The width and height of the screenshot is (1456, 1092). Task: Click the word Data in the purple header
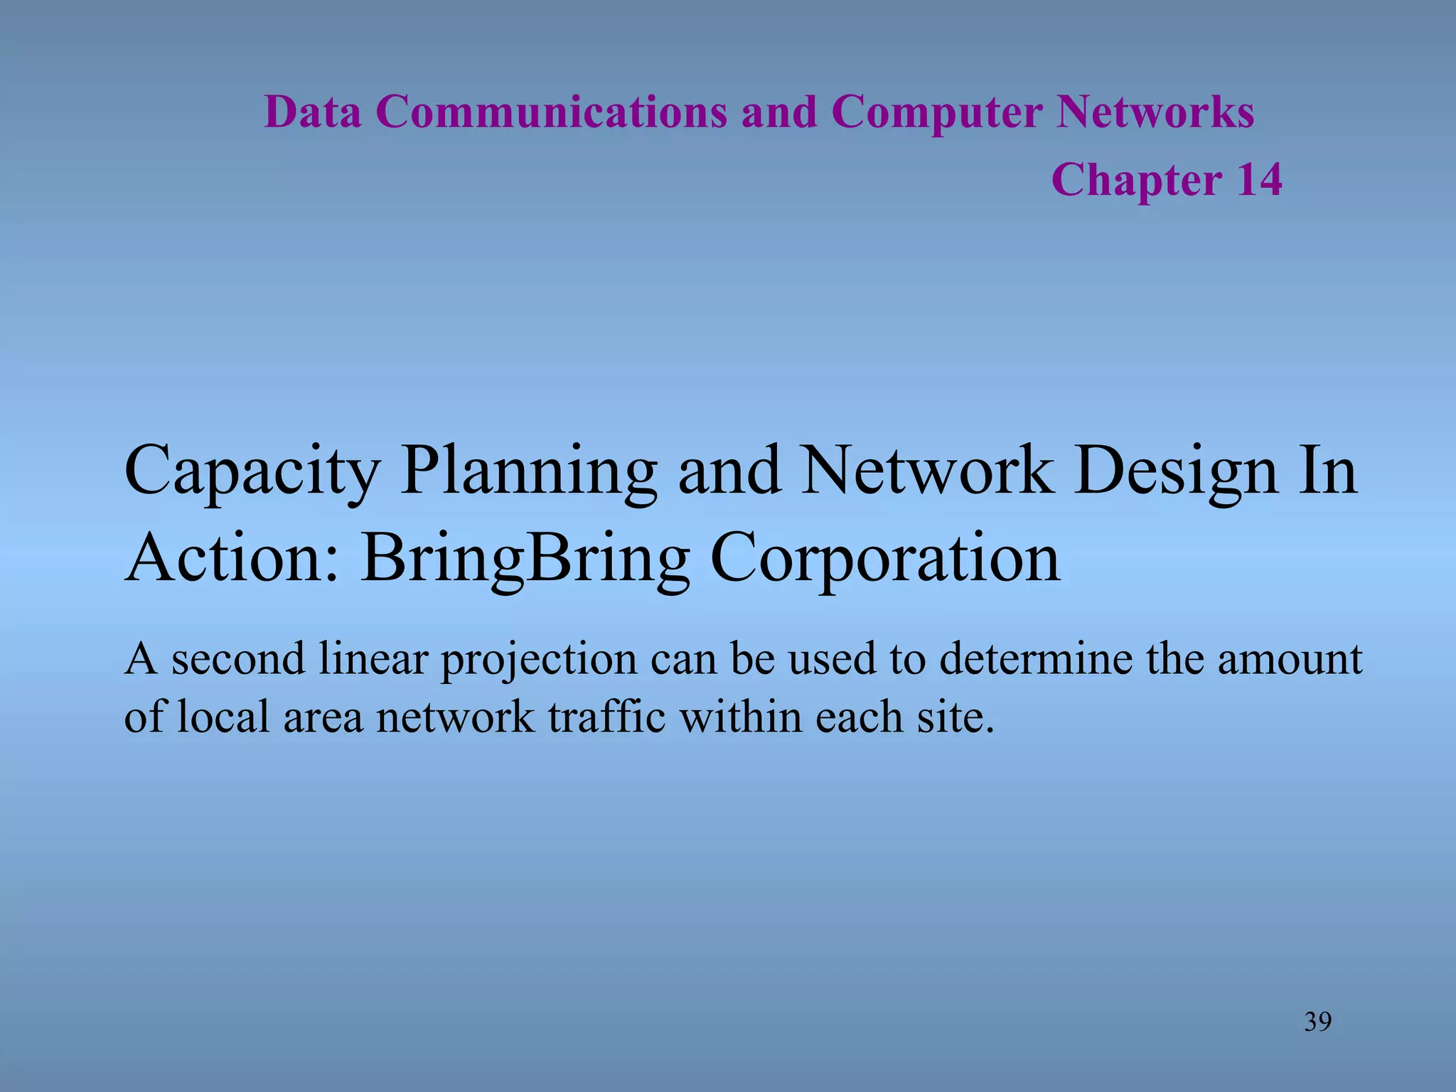click(312, 112)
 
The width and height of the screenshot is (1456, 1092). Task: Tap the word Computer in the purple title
click(936, 112)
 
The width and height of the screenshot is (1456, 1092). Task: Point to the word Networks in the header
click(1155, 112)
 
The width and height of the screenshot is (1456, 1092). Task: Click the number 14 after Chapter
click(1259, 179)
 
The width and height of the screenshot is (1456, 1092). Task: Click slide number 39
click(1318, 1022)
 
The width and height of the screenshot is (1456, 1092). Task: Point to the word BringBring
click(525, 560)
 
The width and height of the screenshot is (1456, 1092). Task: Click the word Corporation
click(885, 560)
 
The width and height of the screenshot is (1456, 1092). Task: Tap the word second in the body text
click(238, 659)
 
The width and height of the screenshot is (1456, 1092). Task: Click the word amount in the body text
click(1290, 659)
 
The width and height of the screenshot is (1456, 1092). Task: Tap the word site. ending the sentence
click(955, 717)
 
